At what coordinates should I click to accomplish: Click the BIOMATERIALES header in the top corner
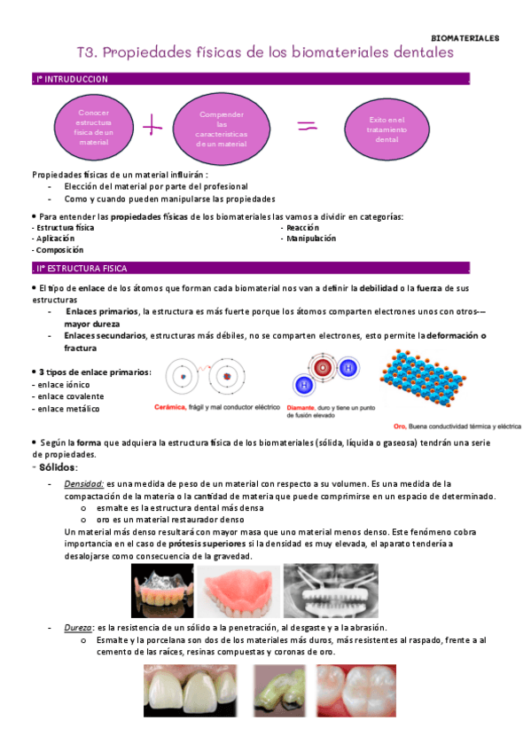(465, 38)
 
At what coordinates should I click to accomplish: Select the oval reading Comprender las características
(222, 129)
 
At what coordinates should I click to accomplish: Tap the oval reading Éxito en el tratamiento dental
(388, 129)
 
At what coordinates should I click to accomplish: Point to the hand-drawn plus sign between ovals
(153, 126)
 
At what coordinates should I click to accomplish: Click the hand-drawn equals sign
(307, 126)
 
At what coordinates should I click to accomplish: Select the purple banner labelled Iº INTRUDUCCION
(248, 79)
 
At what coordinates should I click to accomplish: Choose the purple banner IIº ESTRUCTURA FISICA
(248, 267)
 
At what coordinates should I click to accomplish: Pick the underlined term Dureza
(78, 627)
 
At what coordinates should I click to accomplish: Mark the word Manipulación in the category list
(310, 239)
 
